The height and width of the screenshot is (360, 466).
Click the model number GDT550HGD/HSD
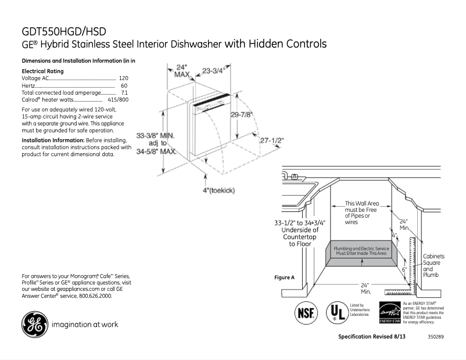coord(64,31)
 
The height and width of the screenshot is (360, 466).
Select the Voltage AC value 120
coord(123,78)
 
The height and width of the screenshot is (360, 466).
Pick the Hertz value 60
coord(124,85)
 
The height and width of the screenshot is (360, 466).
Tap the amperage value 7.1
coord(124,92)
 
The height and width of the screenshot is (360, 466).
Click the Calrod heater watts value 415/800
coord(118,100)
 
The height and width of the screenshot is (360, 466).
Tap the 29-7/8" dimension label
coord(241,114)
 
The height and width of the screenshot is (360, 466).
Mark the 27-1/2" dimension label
coord(272,141)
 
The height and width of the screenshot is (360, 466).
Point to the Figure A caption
coord(284,278)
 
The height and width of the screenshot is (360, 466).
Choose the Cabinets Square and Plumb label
coord(434,265)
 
